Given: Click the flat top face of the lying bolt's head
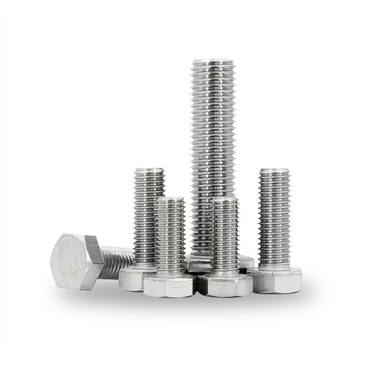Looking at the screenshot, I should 68,261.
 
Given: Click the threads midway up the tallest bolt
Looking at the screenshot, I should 213,152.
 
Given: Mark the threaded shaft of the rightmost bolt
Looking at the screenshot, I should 274,217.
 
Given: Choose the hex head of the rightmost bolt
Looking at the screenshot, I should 276,280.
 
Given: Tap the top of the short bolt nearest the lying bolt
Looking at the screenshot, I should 170,199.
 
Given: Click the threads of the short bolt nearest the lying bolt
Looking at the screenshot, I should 170,235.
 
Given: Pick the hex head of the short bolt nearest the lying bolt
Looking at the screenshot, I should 168,286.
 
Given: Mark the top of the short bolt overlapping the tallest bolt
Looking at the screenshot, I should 226,199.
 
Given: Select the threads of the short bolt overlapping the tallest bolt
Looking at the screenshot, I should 226,235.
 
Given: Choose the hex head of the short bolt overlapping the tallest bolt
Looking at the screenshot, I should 226,286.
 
